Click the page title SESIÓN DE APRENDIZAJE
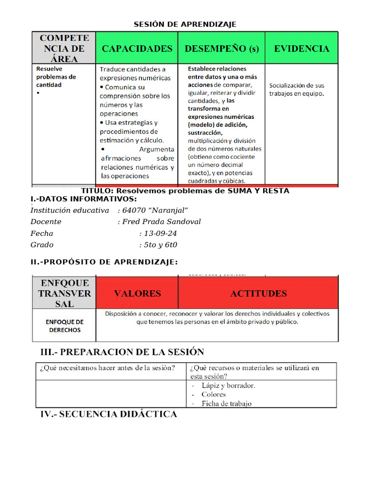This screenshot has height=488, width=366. click(184, 24)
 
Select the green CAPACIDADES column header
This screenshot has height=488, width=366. click(137, 49)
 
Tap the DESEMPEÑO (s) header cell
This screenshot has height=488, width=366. click(222, 49)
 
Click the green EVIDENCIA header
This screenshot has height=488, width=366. click(301, 49)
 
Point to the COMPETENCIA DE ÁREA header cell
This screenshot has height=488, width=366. click(64, 48)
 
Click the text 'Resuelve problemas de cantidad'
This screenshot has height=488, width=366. click(56, 77)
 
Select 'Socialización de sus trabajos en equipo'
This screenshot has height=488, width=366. click(296, 90)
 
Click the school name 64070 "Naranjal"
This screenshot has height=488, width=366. click(155, 210)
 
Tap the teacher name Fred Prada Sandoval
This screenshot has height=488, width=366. click(162, 222)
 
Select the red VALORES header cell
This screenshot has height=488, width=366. click(137, 294)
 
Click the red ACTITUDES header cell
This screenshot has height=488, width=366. click(258, 294)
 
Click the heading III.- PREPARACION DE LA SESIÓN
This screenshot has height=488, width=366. click(122, 352)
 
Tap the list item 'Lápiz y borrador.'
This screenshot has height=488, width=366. click(228, 386)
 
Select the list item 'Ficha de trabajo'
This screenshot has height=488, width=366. click(226, 404)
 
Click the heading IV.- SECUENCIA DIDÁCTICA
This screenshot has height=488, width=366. click(108, 414)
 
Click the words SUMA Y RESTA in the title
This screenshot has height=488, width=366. click(258, 191)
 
